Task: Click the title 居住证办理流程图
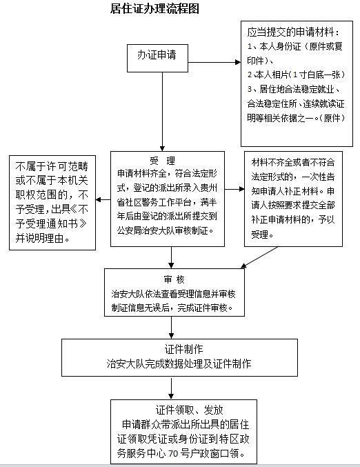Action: click(154, 8)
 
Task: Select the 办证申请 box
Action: click(157, 59)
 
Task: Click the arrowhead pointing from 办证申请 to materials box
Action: click(238, 62)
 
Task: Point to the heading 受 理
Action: click(162, 161)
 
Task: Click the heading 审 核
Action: click(174, 279)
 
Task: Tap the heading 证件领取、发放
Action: click(190, 410)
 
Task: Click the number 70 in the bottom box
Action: click(173, 454)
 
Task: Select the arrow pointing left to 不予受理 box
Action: click(103, 199)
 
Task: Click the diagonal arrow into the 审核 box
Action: click(259, 257)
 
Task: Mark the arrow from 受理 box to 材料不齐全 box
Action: click(234, 189)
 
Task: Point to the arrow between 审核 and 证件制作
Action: click(171, 328)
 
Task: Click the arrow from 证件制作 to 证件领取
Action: click(171, 388)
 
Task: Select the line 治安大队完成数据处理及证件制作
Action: click(179, 364)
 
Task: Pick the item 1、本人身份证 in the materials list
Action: click(274, 46)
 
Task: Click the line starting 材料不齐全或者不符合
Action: click(293, 162)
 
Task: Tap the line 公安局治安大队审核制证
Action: click(166, 230)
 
